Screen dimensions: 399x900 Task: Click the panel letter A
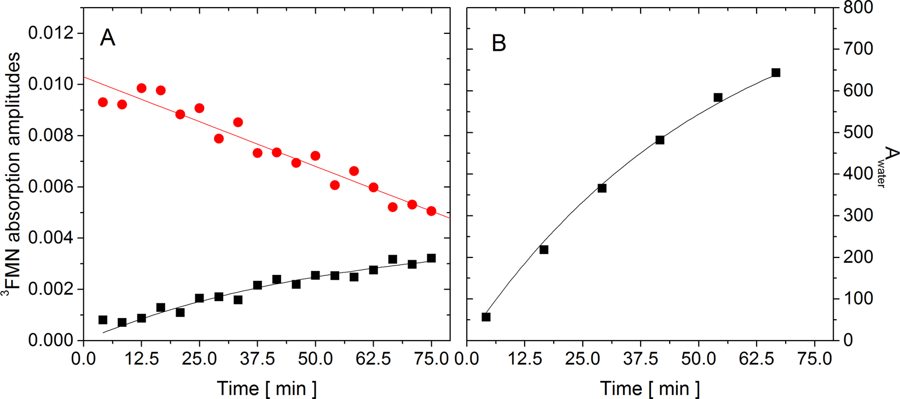pyautogui.click(x=107, y=38)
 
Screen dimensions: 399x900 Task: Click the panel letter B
pyautogui.click(x=498, y=43)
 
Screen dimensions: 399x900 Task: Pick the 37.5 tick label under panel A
pyautogui.click(x=257, y=360)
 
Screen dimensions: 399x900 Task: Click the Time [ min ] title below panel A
pyautogui.click(x=266, y=388)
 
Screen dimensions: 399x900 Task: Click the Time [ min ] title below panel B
pyautogui.click(x=650, y=388)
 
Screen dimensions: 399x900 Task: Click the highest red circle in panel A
pyautogui.click(x=141, y=88)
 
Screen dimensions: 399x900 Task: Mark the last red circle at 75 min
pyautogui.click(x=431, y=211)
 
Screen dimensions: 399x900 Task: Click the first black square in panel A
pyautogui.click(x=103, y=320)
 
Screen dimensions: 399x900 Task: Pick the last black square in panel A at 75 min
pyautogui.click(x=431, y=258)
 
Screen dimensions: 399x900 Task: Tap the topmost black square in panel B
pyautogui.click(x=775, y=73)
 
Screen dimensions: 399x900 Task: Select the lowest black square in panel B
pyautogui.click(x=486, y=317)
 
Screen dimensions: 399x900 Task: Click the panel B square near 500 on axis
pyautogui.click(x=660, y=140)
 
